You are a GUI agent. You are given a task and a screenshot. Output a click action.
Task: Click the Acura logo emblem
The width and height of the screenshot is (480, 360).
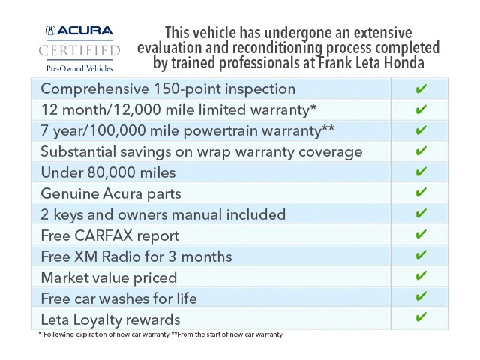[51, 31]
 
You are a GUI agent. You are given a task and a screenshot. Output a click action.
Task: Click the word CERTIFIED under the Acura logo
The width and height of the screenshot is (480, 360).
[79, 51]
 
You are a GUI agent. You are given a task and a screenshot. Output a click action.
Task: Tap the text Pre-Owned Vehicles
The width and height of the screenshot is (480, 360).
[79, 68]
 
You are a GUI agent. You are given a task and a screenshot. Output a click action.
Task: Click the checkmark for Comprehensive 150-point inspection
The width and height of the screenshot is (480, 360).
[421, 88]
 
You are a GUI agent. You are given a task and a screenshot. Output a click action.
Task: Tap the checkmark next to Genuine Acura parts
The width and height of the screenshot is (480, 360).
[421, 193]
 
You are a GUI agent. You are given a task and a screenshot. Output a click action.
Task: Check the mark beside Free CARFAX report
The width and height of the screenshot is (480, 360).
[421, 235]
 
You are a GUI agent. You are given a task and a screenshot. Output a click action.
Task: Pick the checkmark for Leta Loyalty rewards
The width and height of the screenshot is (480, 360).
[421, 319]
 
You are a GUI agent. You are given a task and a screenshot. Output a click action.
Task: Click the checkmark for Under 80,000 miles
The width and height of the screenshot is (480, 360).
[421, 172]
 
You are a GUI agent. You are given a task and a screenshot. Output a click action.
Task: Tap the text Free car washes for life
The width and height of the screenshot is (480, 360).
[118, 298]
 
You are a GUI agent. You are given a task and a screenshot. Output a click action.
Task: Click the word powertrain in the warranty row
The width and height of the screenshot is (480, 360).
[214, 130]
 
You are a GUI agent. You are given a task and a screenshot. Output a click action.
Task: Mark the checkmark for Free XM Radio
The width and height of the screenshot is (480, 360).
[421, 256]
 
